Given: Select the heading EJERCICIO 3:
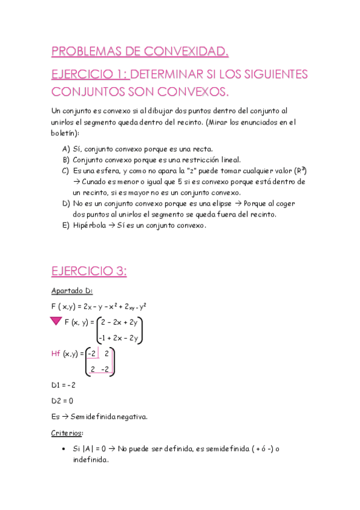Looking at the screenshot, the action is click(x=89, y=271).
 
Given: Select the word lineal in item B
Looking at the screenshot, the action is click(x=227, y=160).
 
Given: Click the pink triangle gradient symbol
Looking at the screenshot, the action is click(x=57, y=323).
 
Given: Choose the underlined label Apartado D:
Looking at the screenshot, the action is click(x=72, y=291).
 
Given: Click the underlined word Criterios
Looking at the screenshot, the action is click(x=67, y=432).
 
